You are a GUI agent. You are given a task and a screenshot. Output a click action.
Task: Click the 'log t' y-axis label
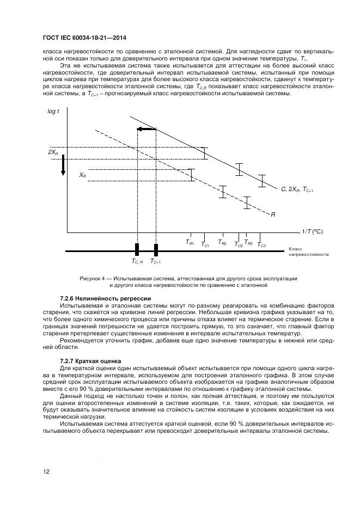[x=54, y=111]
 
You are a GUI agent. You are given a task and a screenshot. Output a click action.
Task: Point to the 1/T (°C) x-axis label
[x=312, y=231]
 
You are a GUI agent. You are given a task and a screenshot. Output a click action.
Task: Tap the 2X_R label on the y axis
[x=53, y=152]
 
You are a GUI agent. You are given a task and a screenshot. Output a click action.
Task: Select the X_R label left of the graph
[x=83, y=175]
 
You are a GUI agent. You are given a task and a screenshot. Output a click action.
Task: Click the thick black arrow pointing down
[x=63, y=165]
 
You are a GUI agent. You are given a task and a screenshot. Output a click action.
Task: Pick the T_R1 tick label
[x=190, y=242]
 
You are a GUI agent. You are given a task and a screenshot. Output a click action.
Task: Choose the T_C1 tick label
[x=205, y=245]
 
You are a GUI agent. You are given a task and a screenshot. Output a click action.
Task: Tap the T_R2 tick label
[x=222, y=242]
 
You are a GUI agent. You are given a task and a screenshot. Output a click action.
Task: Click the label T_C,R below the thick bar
[x=137, y=262]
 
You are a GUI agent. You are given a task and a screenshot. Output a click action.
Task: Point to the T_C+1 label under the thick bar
[x=156, y=262]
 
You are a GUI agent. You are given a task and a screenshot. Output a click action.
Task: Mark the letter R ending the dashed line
[x=272, y=214]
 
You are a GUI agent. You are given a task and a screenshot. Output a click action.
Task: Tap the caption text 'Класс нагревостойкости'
[x=308, y=252]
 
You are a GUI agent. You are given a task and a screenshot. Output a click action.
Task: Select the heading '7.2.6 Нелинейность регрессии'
[x=105, y=298]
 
